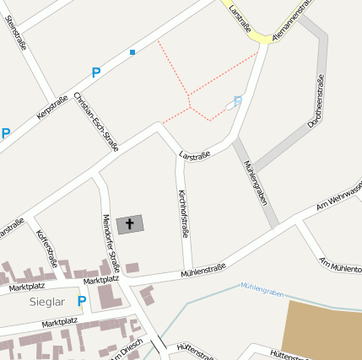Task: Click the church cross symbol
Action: coord(130,223)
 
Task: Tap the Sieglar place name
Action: coord(46,301)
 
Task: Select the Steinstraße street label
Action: coord(16,33)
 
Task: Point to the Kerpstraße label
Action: coord(52,107)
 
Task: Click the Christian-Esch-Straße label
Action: coord(96,121)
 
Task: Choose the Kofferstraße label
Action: coord(46,250)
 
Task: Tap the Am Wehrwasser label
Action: coord(338,199)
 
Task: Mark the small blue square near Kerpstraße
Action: coord(132,52)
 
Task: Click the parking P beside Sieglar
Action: coord(82,301)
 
